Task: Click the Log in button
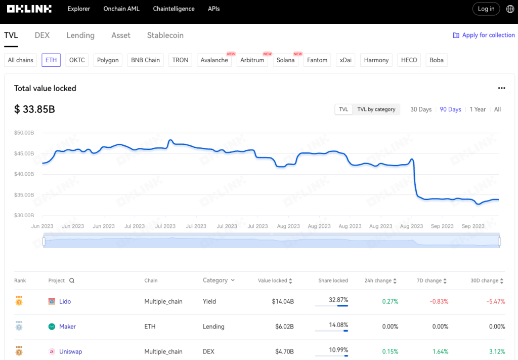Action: point(486,9)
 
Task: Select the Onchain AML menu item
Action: point(121,9)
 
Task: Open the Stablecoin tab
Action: point(165,35)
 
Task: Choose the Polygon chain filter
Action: point(108,60)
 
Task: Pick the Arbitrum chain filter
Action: point(252,60)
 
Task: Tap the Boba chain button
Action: point(437,60)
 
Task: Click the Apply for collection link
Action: point(488,35)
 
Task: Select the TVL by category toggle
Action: point(376,109)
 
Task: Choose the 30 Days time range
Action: point(421,109)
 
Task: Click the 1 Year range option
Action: point(478,109)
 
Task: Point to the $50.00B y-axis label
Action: point(24,133)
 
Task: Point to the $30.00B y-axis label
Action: point(24,216)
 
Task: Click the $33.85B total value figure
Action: point(34,109)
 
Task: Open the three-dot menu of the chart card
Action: point(501,88)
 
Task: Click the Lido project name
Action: point(65,301)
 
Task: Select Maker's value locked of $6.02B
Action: point(283,327)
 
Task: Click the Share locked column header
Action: point(333,281)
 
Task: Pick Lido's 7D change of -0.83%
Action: point(439,301)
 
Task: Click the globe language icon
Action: point(510,9)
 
